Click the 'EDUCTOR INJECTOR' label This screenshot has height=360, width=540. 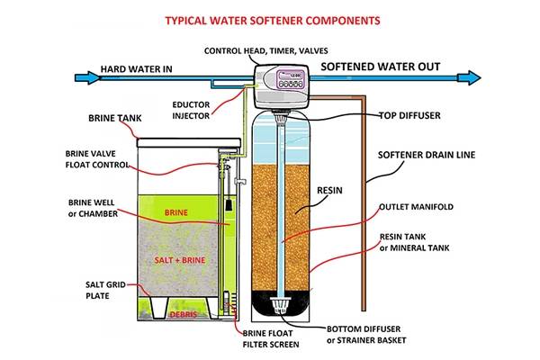192,111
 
